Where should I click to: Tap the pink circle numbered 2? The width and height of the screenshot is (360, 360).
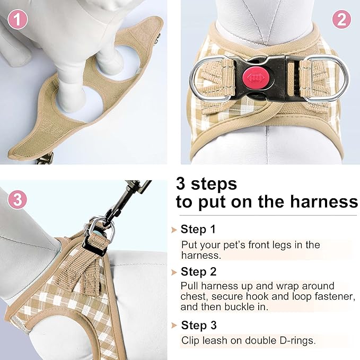341,20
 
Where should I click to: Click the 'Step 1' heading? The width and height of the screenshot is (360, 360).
198,230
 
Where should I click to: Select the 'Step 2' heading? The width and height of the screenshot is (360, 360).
198,272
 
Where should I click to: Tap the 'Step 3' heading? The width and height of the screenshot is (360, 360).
198,325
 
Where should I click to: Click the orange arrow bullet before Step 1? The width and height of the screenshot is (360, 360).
174,230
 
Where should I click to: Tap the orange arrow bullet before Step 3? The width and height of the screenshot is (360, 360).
174,326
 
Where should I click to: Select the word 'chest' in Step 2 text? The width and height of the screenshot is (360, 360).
194,297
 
